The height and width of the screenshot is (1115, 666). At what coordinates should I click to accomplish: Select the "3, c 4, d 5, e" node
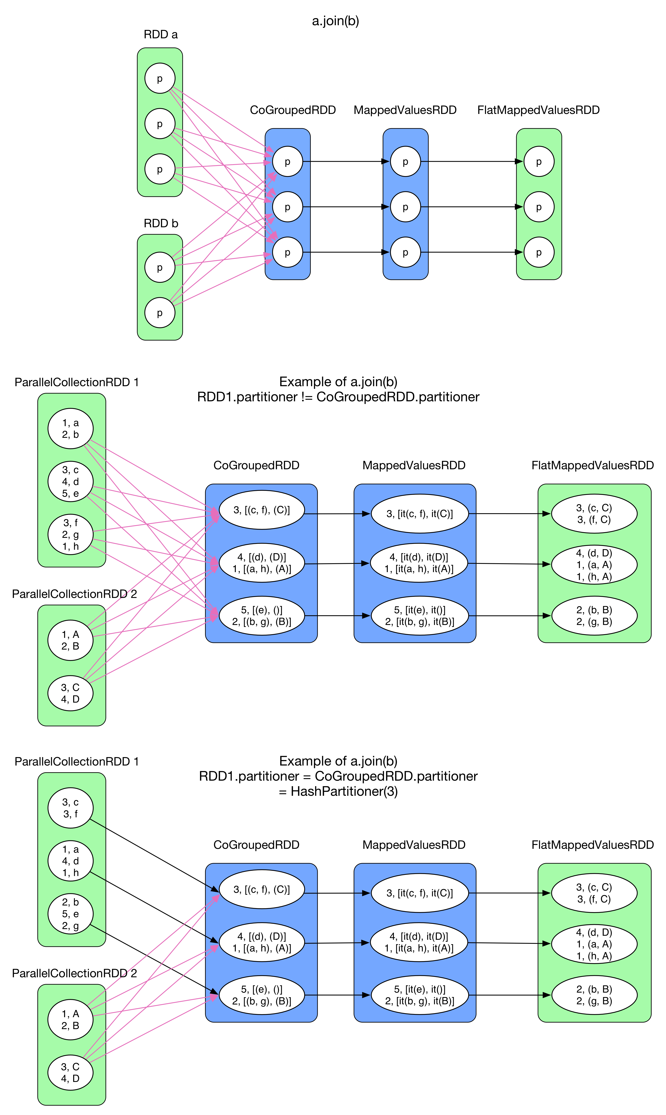[x=71, y=481]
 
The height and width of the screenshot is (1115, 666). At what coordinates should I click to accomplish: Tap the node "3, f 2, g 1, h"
[x=71, y=534]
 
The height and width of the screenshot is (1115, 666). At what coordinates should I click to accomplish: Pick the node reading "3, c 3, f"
[x=71, y=808]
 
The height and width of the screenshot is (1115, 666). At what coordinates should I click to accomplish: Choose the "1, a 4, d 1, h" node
[x=71, y=861]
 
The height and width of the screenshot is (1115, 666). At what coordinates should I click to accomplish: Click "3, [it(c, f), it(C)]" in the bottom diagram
[x=420, y=893]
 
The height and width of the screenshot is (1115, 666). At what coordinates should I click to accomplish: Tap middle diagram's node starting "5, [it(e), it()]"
[x=420, y=616]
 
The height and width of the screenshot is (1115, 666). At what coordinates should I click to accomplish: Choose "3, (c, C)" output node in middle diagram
[x=594, y=513]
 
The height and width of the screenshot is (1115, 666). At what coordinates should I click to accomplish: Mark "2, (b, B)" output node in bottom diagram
[x=594, y=995]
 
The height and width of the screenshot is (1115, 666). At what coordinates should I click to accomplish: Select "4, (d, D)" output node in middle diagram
[x=594, y=564]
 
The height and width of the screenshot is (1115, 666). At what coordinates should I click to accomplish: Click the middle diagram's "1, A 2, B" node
[x=71, y=640]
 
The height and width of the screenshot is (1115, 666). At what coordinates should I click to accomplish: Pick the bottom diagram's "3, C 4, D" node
[x=71, y=1072]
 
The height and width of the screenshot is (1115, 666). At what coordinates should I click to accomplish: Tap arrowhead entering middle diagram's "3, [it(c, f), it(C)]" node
[x=366, y=513]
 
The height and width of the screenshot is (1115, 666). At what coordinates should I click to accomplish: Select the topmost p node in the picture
[x=160, y=79]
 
